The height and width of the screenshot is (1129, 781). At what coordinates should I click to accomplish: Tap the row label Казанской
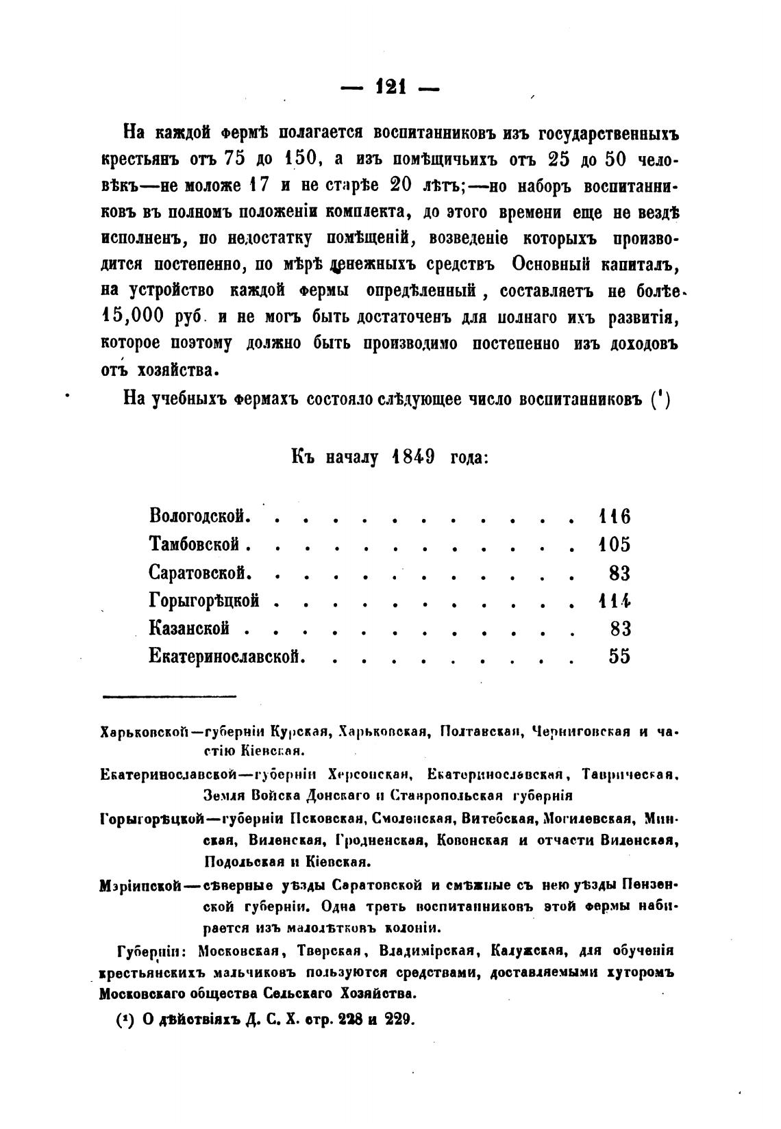pos(189,629)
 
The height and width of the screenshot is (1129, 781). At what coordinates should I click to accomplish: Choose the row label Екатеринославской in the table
pos(226,657)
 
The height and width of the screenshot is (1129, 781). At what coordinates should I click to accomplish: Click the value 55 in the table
pos(619,657)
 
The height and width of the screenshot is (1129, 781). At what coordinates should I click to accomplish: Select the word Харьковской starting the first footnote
pos(144,732)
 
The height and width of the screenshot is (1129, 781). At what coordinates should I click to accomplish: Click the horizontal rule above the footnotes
pos(169,697)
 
